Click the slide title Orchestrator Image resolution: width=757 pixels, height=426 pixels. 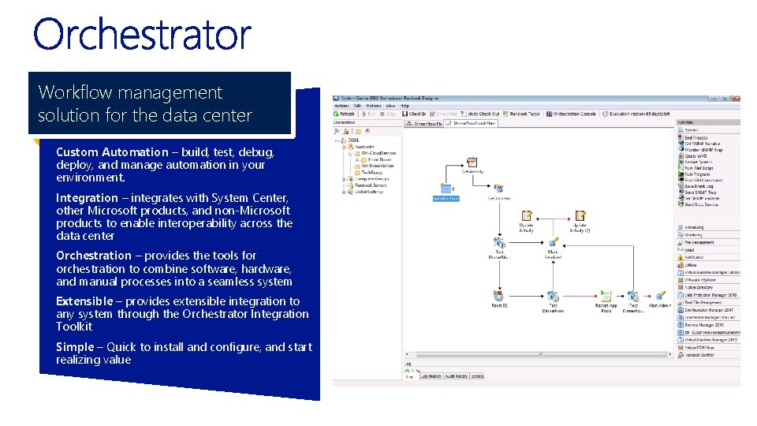(142, 35)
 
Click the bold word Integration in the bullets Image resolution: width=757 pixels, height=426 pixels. (87, 198)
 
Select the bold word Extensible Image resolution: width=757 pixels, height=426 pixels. (84, 301)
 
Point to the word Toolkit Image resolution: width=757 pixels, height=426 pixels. (74, 327)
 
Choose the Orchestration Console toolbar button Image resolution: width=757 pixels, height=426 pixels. (572, 114)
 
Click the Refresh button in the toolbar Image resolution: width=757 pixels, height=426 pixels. (345, 114)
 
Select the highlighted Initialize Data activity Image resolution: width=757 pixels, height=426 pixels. (446, 189)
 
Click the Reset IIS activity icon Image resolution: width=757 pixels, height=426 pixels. (498, 296)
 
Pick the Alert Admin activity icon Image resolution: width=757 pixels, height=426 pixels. (658, 296)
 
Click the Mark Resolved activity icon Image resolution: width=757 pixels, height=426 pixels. (553, 243)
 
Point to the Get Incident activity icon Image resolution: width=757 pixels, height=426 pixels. (498, 189)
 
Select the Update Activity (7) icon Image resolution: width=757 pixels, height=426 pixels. (580, 216)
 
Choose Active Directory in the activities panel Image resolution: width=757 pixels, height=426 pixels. (699, 288)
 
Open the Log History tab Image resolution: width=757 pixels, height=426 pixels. (433, 376)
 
